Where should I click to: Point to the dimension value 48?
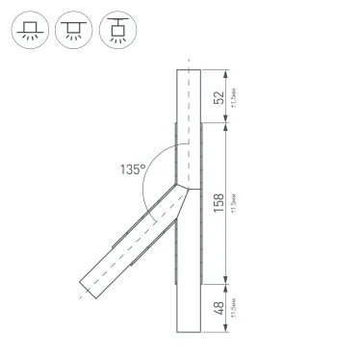219,308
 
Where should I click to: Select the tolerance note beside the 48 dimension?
235,308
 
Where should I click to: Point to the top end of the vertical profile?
190,69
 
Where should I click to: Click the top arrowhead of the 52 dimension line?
224,71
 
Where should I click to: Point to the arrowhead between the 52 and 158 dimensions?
224,122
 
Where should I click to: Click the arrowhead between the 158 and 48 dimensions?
224,281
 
